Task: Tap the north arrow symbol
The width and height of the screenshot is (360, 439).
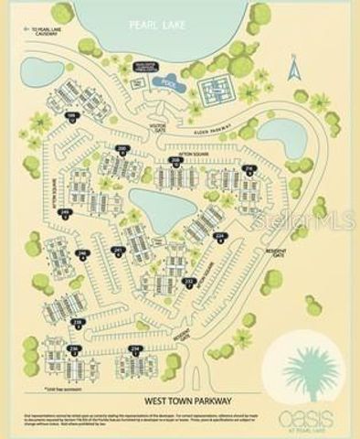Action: point(294,68)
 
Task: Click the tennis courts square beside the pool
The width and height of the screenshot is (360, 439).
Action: point(217,87)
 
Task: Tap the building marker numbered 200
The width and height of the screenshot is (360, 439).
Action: point(122,147)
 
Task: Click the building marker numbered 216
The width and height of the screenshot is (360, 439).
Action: point(249,168)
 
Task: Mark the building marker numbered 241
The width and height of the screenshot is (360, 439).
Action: point(117,251)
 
